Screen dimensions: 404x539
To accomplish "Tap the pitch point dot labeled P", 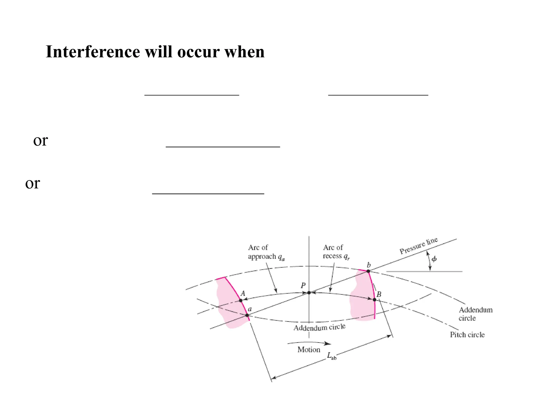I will point(309,292).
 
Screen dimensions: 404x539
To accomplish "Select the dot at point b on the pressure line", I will point(368,271).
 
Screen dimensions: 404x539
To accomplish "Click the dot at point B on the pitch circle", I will point(374,300).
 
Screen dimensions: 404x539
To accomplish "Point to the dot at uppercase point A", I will point(241,300).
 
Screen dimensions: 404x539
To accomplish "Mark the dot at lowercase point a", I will point(247,315).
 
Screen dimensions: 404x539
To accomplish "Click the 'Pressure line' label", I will point(418,246).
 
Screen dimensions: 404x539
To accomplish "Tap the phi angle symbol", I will point(434,259).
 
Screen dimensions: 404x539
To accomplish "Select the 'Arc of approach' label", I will point(266,252).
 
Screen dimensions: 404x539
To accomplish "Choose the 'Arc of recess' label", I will point(336,252).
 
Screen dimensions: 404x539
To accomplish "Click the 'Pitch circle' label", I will point(467,335).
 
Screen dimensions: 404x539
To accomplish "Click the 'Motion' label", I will point(309,350).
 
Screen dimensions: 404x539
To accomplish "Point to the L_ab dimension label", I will point(331,356).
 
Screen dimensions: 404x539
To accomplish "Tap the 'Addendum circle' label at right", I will point(475,314).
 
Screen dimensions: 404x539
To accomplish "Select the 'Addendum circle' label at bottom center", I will point(319,328).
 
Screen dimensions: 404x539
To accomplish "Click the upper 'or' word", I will point(40,140).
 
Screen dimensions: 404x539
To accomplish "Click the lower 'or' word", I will point(32,183).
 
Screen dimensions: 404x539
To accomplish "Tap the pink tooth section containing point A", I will point(229,302).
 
